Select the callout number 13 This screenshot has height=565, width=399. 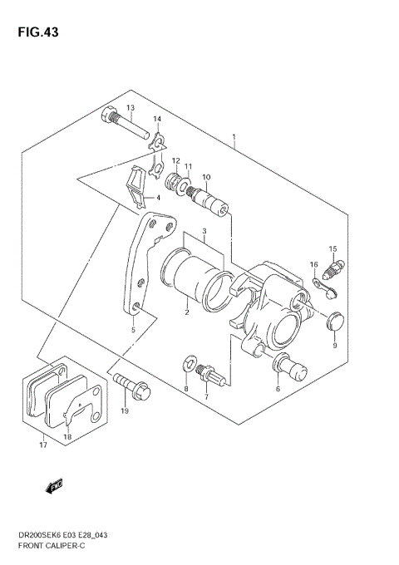(131, 109)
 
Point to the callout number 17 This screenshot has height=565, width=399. (42, 445)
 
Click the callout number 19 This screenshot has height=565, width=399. (125, 410)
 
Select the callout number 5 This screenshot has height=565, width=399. (132, 330)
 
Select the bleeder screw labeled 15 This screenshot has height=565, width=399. (335, 269)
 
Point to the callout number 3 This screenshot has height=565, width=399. (202, 231)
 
